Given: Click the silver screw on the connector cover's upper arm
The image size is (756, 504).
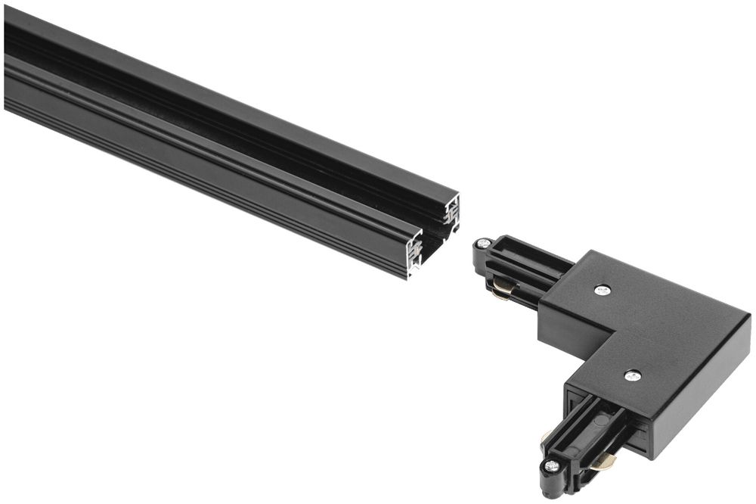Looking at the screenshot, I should (603, 290).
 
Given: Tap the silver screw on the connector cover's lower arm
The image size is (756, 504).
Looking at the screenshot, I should (633, 375).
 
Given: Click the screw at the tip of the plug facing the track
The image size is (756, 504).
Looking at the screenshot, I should (482, 244).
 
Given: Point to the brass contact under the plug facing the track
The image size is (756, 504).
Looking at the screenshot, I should (503, 288).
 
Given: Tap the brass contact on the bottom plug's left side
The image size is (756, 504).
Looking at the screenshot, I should (546, 437).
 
